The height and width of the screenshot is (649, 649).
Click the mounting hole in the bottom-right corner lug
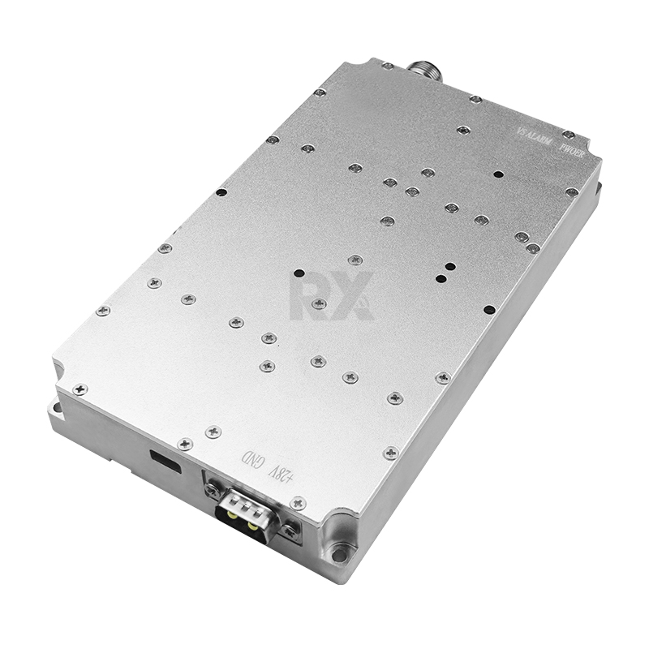click(x=342, y=555)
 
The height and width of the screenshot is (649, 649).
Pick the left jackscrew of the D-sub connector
click(x=213, y=489)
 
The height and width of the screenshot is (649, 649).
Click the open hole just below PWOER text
click(x=498, y=174)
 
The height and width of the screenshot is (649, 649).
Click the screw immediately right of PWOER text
click(x=569, y=134)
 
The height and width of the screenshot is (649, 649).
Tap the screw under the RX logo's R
click(x=319, y=303)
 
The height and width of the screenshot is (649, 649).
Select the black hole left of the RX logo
click(x=299, y=273)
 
